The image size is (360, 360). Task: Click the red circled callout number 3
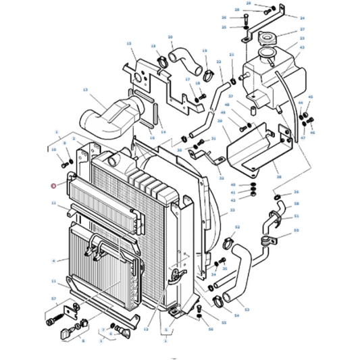pyautogui.click(x=53, y=184)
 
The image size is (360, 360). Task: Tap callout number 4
pyautogui.click(x=53, y=260)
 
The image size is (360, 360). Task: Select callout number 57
pyautogui.click(x=53, y=298)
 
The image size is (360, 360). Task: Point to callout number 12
pyautogui.click(x=145, y=329)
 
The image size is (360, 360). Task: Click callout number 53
pyautogui.click(x=247, y=309)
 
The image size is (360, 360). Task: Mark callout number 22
pyautogui.click(x=219, y=61)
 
